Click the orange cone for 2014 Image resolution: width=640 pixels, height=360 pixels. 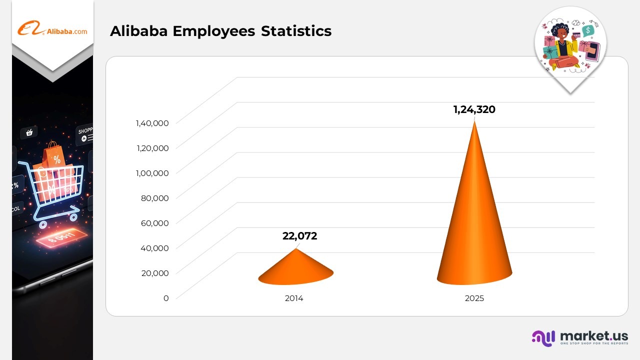[x=295, y=270]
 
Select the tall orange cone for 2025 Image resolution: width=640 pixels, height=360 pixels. [x=474, y=225]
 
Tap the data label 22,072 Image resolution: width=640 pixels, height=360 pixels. [x=299, y=236]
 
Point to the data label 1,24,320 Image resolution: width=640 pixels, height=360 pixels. [x=474, y=109]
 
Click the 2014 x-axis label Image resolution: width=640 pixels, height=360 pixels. [x=294, y=298]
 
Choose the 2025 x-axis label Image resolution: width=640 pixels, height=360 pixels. [x=474, y=298]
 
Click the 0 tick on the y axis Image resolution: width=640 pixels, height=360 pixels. [x=166, y=298]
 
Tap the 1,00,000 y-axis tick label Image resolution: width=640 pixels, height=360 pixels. [x=152, y=173]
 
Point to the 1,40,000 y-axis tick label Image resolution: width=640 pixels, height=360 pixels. [x=152, y=123]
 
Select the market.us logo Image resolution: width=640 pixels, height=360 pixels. [x=580, y=337]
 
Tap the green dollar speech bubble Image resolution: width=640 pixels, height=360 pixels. [x=588, y=30]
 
